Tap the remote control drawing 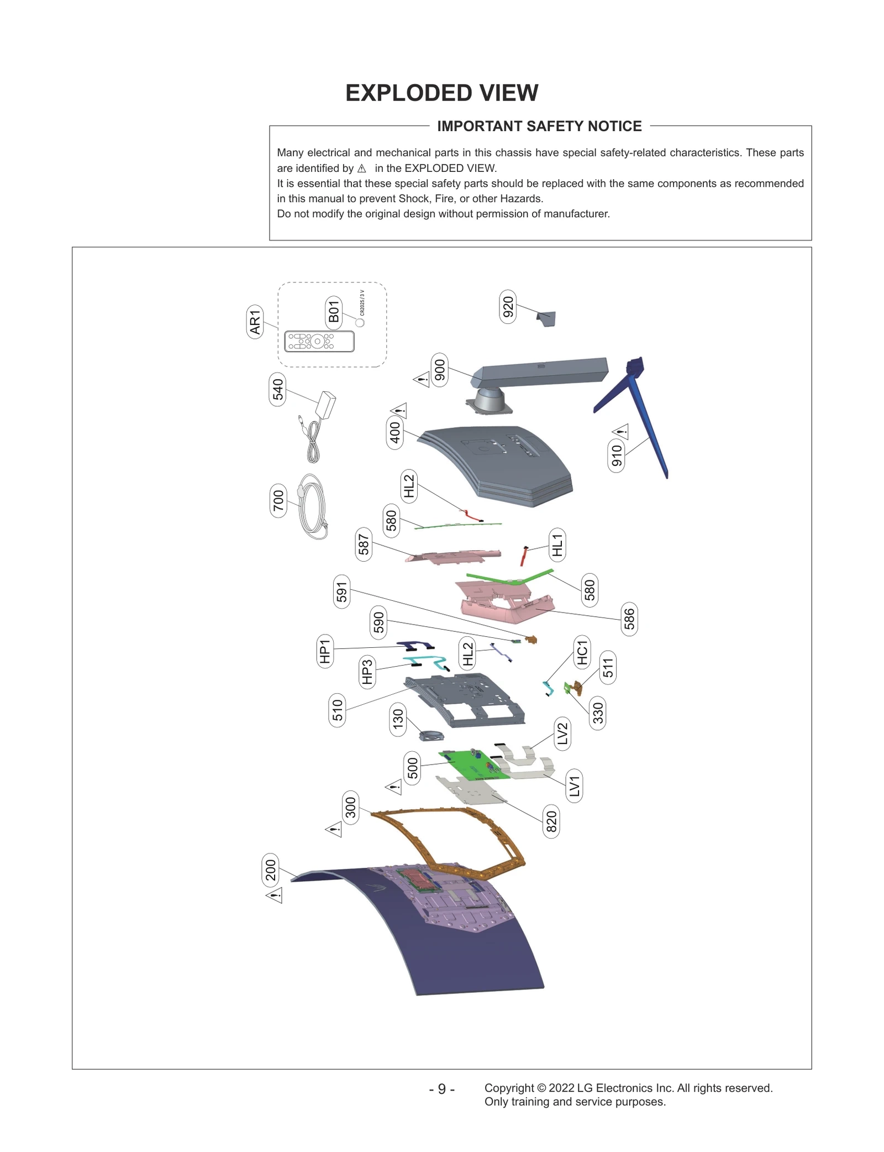click(319, 341)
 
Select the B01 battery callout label click(333, 311)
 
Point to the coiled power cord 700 click(313, 507)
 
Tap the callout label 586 click(629, 619)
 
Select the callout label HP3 click(367, 671)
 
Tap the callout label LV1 click(575, 786)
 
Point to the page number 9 click(441, 1088)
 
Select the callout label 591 click(342, 591)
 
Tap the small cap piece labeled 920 click(546, 318)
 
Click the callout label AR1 click(254, 322)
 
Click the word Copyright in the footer click(509, 1087)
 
